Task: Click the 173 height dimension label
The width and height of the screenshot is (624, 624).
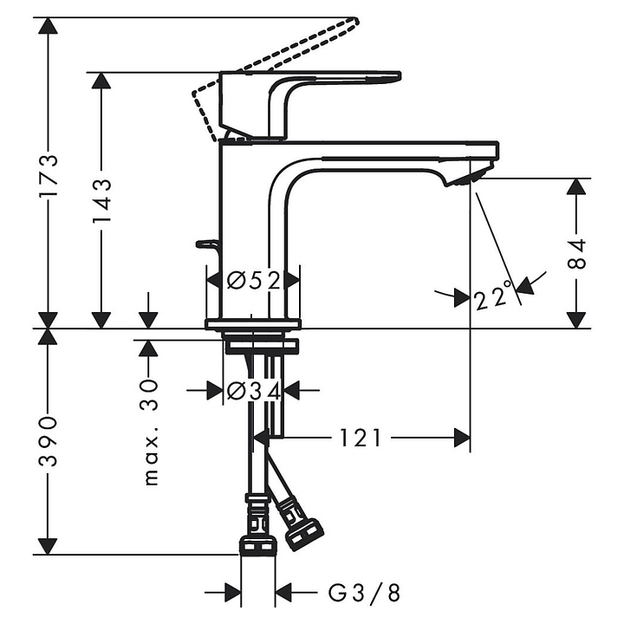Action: pyautogui.click(x=49, y=175)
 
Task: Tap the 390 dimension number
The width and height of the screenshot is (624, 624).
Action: pyautogui.click(x=49, y=441)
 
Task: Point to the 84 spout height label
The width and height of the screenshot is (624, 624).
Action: pyautogui.click(x=575, y=253)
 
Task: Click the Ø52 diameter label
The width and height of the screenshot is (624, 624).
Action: pyautogui.click(x=254, y=281)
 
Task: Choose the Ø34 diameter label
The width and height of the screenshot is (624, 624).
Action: pyautogui.click(x=254, y=390)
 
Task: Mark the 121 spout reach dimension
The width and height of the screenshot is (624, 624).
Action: pyautogui.click(x=361, y=439)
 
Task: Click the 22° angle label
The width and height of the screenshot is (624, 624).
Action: pyautogui.click(x=493, y=296)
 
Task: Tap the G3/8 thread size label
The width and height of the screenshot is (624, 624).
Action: pyautogui.click(x=364, y=594)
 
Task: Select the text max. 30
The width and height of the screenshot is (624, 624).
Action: pyautogui.click(x=151, y=432)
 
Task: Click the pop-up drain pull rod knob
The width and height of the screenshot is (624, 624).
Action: pyautogui.click(x=205, y=244)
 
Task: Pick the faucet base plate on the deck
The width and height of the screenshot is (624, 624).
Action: pyautogui.click(x=253, y=324)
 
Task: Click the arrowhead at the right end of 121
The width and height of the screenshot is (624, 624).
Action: pyautogui.click(x=462, y=438)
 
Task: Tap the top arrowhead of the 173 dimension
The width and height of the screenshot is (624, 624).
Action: pyautogui.click(x=49, y=26)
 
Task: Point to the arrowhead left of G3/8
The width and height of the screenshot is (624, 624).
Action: pyautogui.click(x=233, y=593)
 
